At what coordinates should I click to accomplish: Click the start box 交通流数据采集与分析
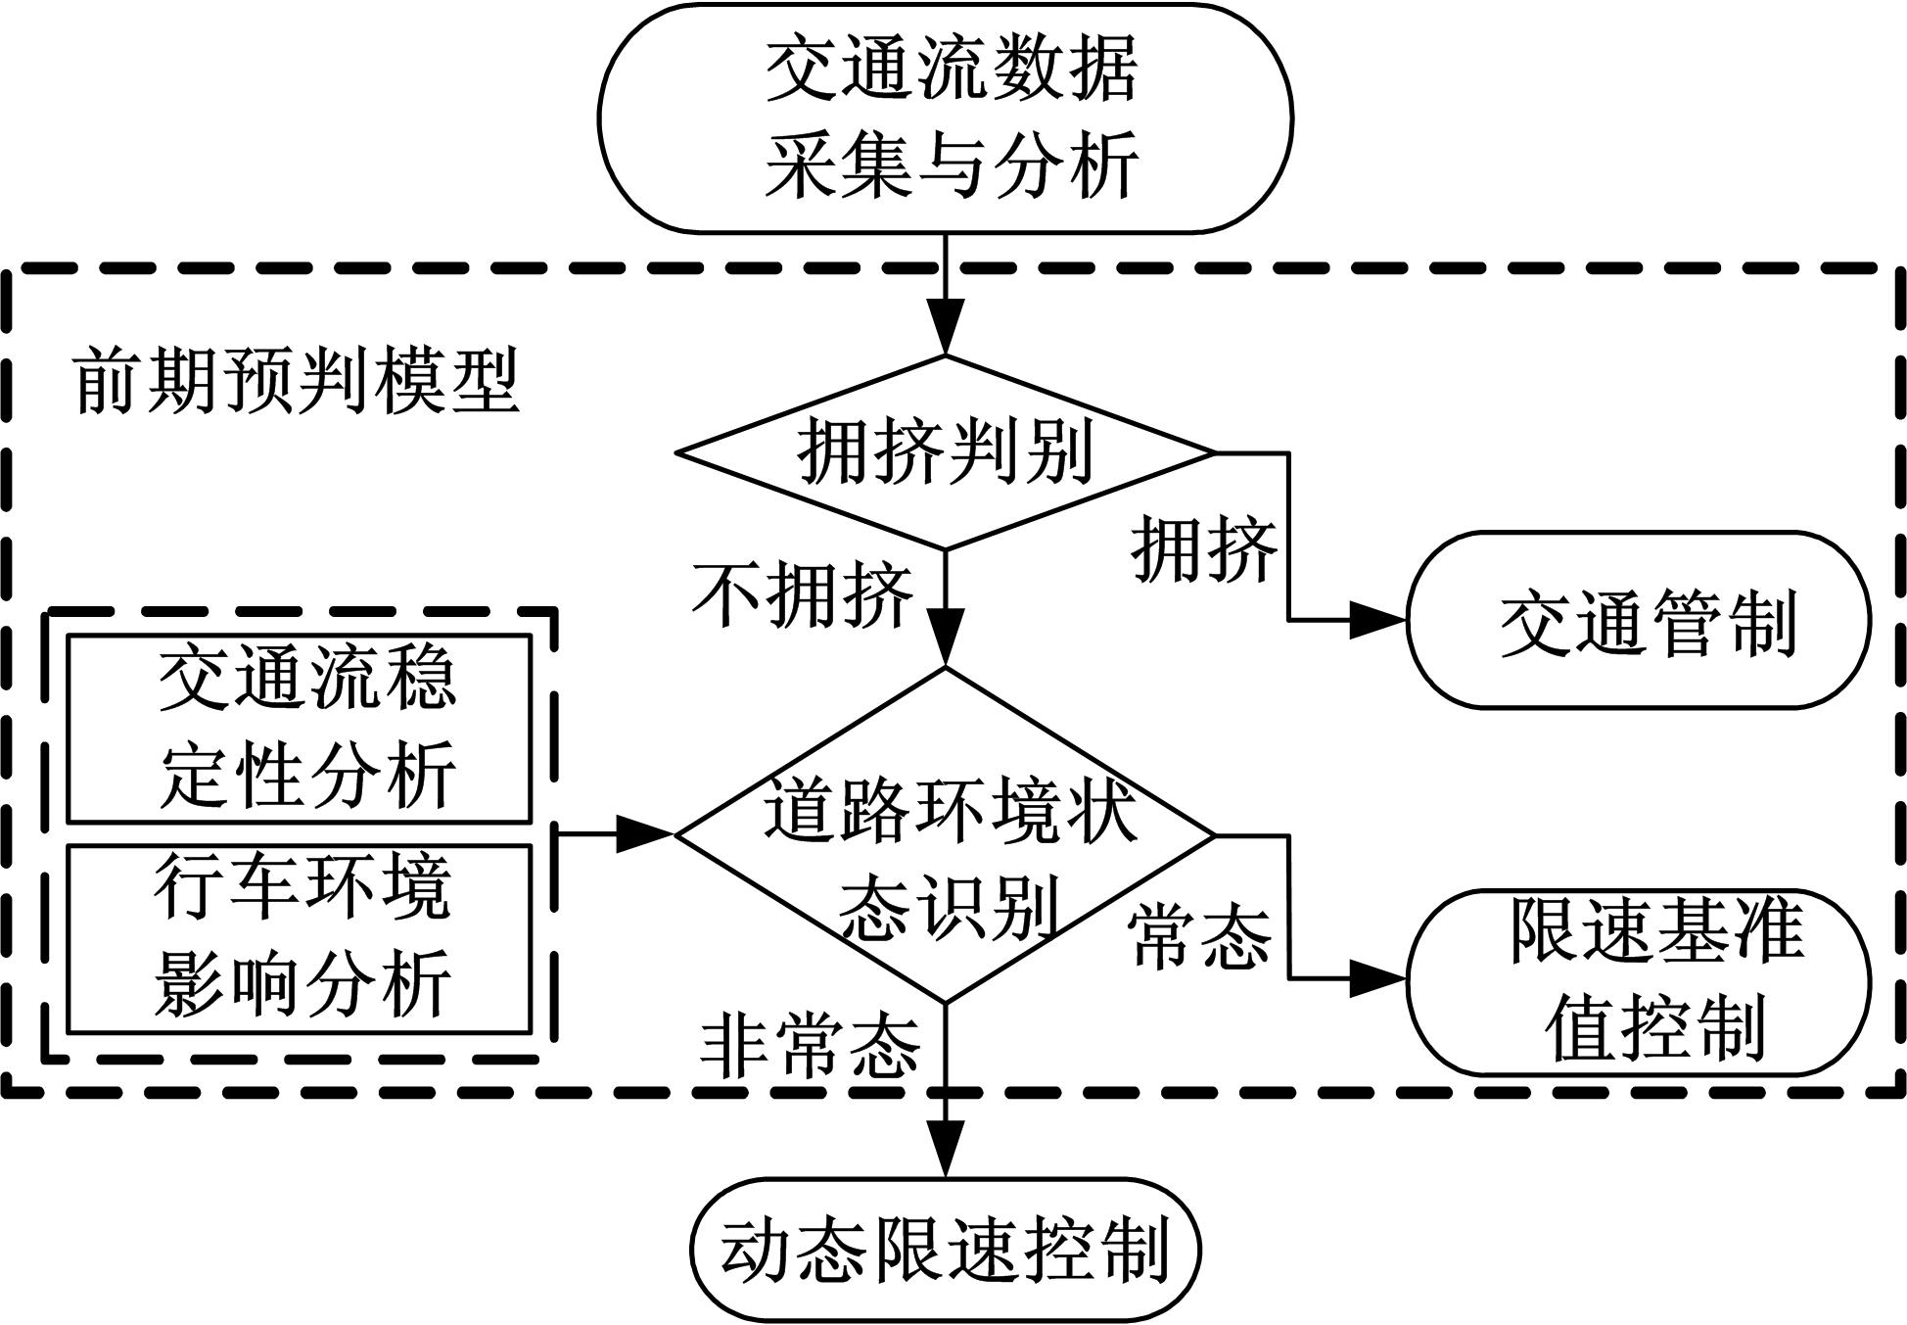point(946,118)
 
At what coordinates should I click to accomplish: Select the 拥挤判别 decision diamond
point(946,452)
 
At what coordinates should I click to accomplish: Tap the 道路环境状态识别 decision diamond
point(946,835)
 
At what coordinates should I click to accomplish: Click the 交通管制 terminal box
point(1639,621)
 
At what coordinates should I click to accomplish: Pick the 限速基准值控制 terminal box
point(1639,981)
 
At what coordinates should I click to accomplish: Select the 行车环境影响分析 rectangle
point(300,938)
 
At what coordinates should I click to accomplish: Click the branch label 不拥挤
point(803,594)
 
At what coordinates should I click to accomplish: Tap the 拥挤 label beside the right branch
point(1204,549)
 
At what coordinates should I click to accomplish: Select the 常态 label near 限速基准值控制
point(1200,936)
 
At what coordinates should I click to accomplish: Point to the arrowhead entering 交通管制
point(1378,621)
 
